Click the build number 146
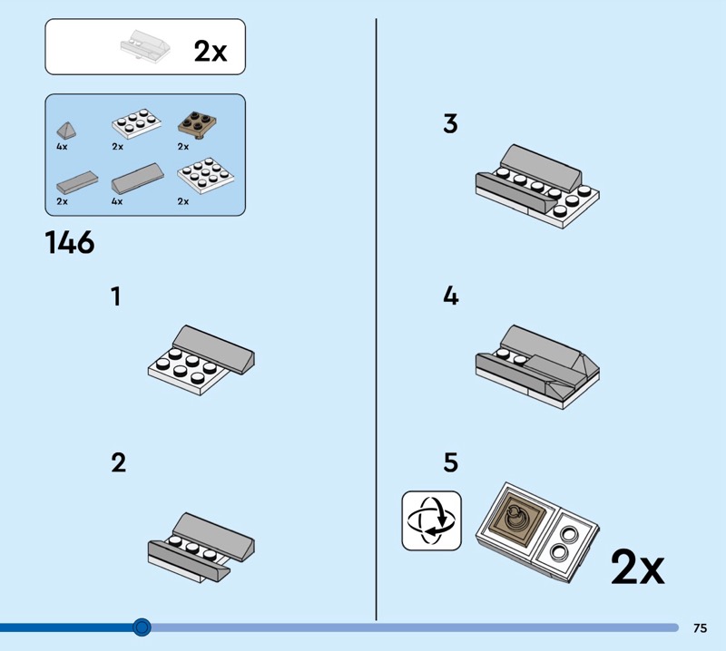(x=70, y=242)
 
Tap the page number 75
(x=700, y=627)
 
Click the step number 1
(x=116, y=296)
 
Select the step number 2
(x=119, y=462)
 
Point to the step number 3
(x=450, y=124)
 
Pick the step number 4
(x=451, y=296)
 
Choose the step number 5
(x=451, y=462)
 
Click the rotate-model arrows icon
(x=432, y=521)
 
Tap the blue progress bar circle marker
(x=142, y=627)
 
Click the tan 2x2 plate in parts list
(x=197, y=123)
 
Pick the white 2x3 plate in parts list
(x=137, y=123)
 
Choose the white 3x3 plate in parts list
(x=206, y=175)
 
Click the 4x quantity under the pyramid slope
(x=62, y=147)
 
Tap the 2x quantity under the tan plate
(x=183, y=147)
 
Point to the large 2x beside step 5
(x=638, y=567)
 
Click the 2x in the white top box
(x=211, y=51)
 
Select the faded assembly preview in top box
(x=145, y=45)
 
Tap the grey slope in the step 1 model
(x=214, y=348)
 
